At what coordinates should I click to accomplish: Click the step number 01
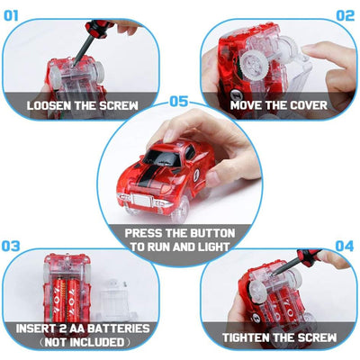click(x=11, y=15)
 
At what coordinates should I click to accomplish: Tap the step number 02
click(x=346, y=15)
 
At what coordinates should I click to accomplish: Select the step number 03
click(x=11, y=246)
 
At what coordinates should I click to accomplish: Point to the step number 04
click(x=345, y=246)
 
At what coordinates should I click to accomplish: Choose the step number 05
click(x=179, y=102)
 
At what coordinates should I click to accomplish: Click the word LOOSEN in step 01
click(x=49, y=105)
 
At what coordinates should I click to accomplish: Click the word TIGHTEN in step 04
click(x=246, y=337)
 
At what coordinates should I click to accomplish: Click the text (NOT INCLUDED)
click(x=85, y=342)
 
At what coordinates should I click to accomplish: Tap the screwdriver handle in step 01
click(x=98, y=28)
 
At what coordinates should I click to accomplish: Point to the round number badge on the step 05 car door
click(x=197, y=175)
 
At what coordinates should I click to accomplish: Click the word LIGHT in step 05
click(x=214, y=247)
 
